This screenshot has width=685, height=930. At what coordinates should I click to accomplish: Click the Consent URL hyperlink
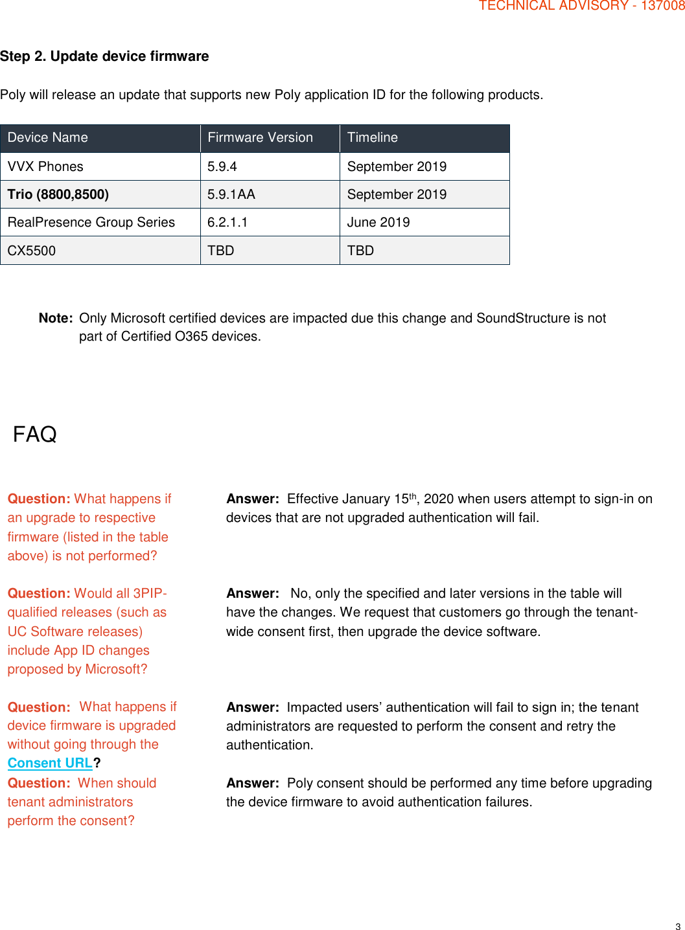pos(50,763)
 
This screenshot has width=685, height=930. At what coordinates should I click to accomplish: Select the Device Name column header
pos(47,137)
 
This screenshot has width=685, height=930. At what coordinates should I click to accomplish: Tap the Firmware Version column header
pos(260,137)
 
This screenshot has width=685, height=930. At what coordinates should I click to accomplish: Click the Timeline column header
pos(372,137)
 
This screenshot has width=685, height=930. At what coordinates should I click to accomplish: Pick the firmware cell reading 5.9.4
pos(222,166)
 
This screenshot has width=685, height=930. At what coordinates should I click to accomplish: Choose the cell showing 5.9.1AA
pos(231,194)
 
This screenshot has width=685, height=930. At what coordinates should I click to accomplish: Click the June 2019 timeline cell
pos(378,222)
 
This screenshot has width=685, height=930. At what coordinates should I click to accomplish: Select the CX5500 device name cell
pos(32,251)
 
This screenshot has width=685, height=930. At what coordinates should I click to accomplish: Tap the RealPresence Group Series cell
pos(91,222)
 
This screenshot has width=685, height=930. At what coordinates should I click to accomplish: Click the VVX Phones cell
pos(45,166)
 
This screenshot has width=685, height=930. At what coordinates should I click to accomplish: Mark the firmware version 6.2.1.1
pos(227,222)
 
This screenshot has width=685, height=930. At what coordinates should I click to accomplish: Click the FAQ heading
pos(35,434)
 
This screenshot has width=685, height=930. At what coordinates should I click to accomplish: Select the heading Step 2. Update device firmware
pos(104,56)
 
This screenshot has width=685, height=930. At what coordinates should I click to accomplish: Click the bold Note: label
pos(56,318)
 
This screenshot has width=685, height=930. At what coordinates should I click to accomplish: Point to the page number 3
pos(678,926)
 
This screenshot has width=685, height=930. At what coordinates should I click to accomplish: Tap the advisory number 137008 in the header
pos(662,6)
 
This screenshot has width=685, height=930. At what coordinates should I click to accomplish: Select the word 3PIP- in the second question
pos(150,593)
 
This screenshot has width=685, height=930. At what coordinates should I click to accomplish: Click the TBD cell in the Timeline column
pos(360,251)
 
